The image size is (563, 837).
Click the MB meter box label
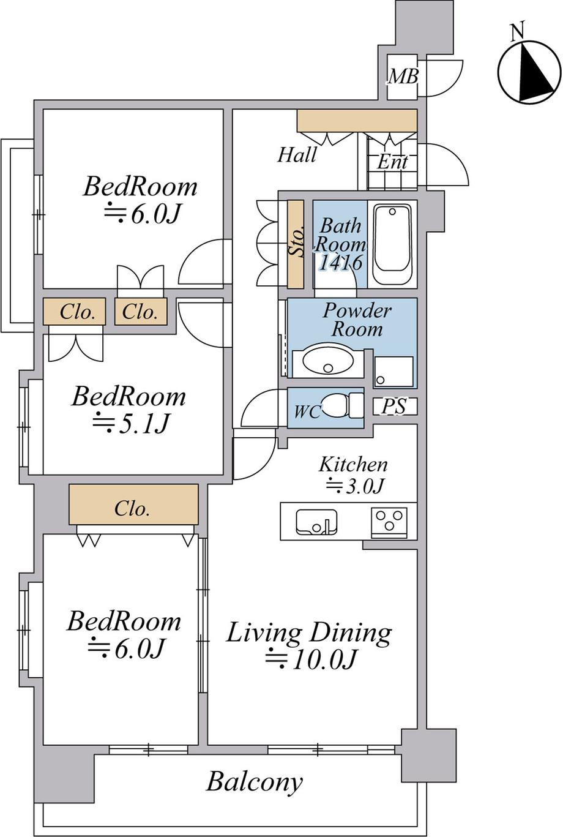(403, 77)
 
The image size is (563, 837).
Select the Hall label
(297, 155)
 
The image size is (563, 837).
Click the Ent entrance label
(392, 162)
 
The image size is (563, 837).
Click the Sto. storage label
(296, 243)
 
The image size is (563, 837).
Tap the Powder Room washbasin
(328, 361)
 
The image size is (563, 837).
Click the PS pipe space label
(394, 407)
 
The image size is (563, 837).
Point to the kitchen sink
(316, 522)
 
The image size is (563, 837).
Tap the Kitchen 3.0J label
(353, 475)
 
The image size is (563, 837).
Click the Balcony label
(255, 782)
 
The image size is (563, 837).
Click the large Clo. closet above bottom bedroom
(133, 508)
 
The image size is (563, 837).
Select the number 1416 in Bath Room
(340, 262)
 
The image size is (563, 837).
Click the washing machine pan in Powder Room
(394, 372)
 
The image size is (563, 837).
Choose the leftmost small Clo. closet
(77, 312)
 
